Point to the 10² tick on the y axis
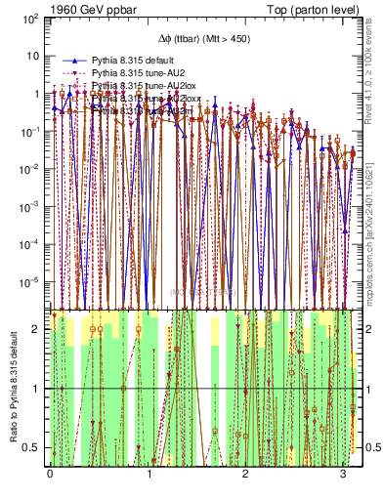[x=30, y=19]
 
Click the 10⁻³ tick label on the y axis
[x=30, y=206]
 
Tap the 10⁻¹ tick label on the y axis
[x=30, y=131]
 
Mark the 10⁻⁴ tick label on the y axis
[x=30, y=244]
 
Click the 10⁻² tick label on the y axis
[x=30, y=169]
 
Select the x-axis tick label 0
[x=50, y=474]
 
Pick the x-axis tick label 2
[x=245, y=474]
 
